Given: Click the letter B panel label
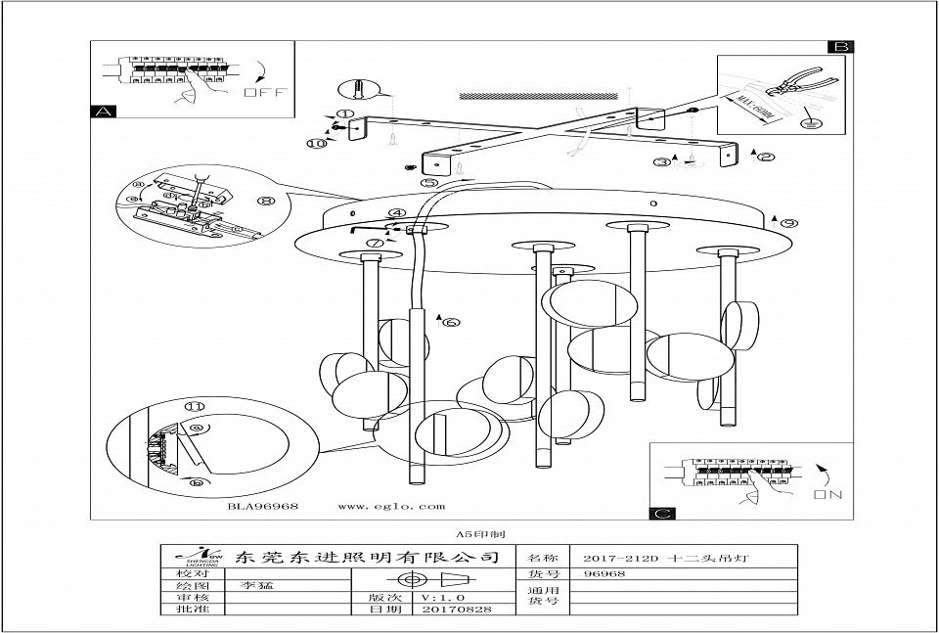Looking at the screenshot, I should (x=840, y=47).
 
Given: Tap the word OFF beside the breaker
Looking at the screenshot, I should (x=261, y=94).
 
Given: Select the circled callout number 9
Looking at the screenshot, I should (x=789, y=222).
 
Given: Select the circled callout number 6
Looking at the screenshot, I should (x=451, y=322).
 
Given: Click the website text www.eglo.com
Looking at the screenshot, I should (x=390, y=507).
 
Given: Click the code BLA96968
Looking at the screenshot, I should (x=263, y=507).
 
